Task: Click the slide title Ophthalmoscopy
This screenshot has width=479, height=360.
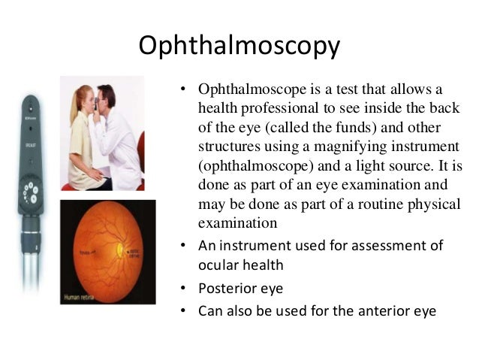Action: (239, 46)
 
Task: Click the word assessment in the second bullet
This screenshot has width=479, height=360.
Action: (387, 246)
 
